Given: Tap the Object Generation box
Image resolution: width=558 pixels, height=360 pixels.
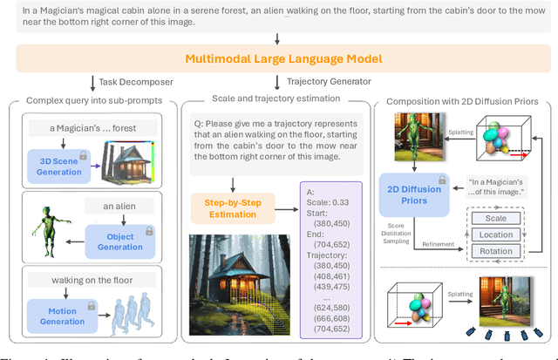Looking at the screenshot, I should tap(115, 241).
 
